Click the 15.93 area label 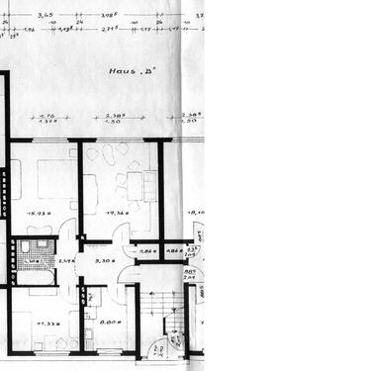(x=40, y=213)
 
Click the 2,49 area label (x=66, y=260)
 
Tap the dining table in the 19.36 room (x=135, y=182)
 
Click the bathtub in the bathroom (x=36, y=281)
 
